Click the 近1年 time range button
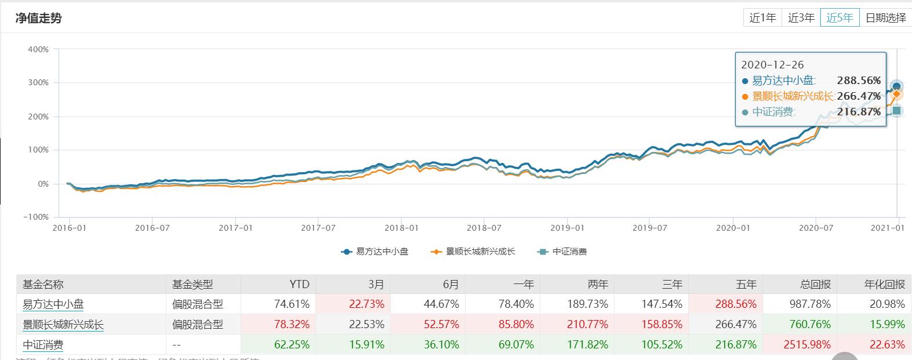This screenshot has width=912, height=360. [x=762, y=18]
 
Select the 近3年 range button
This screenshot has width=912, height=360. [x=801, y=18]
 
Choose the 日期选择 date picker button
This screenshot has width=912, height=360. [x=885, y=18]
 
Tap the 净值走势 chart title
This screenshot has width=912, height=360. [x=38, y=18]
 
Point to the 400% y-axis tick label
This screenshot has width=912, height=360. [x=38, y=49]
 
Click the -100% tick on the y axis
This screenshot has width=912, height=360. [x=36, y=217]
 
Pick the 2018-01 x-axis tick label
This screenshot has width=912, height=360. [x=401, y=228]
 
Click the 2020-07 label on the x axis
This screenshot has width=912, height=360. [x=816, y=228]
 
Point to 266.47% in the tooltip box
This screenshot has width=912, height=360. [x=859, y=96]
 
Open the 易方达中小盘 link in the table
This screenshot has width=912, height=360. [x=53, y=304]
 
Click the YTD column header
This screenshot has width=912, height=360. [x=299, y=284]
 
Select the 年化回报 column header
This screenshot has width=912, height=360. [x=884, y=284]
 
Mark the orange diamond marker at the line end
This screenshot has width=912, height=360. [x=896, y=94]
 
